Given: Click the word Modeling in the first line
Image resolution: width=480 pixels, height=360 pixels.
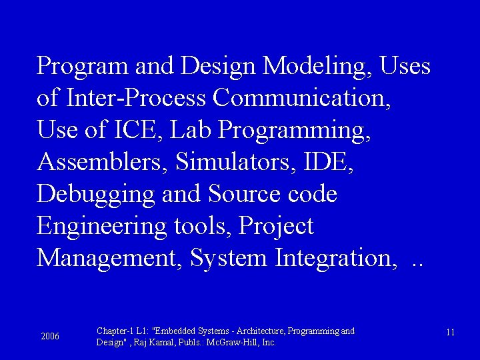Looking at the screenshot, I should tap(317, 67).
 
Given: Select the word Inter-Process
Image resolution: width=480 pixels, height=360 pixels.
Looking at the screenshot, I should tap(136, 99).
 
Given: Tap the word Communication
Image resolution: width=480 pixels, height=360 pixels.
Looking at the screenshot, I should tap(301, 99).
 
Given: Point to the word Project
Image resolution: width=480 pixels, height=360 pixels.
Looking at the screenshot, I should tap(276, 227).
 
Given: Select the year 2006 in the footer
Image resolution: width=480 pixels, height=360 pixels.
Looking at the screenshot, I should tap(50, 337).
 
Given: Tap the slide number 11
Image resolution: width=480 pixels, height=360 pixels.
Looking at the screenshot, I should tap(450, 333).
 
